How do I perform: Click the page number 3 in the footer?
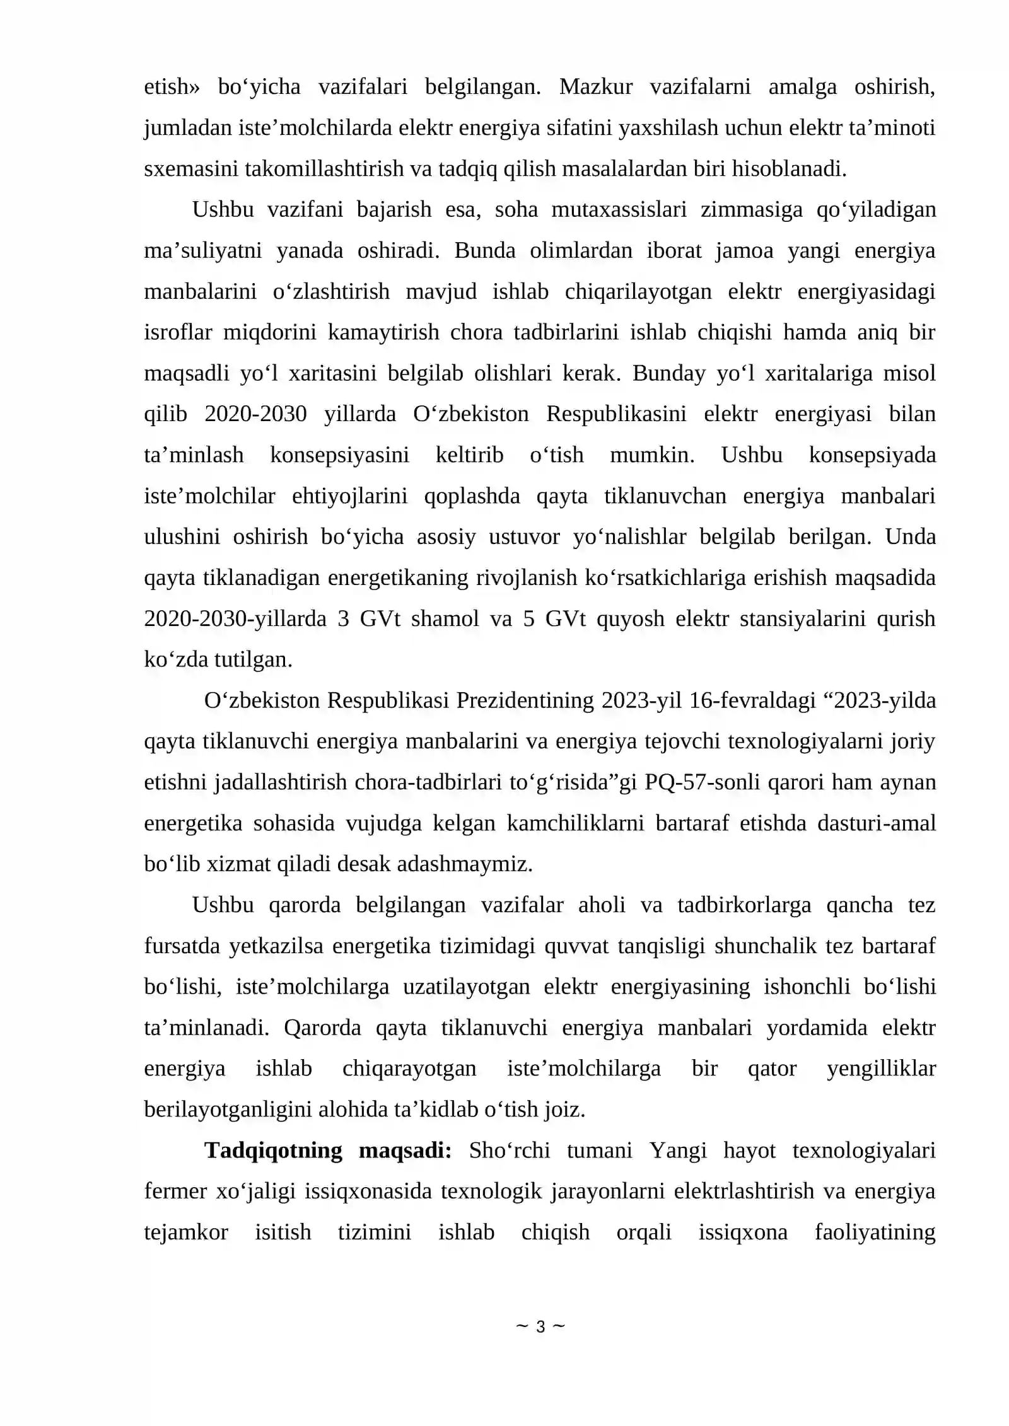(540, 1327)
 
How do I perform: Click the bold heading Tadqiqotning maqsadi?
(327, 1151)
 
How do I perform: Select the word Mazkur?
(595, 86)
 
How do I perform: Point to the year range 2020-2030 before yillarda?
(255, 414)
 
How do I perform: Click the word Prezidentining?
(525, 700)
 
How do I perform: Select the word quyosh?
(631, 618)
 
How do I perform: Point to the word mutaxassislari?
(619, 209)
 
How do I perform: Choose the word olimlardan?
(581, 250)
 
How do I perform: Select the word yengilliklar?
(881, 1069)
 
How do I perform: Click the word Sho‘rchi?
(510, 1151)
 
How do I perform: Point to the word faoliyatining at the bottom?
(875, 1232)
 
